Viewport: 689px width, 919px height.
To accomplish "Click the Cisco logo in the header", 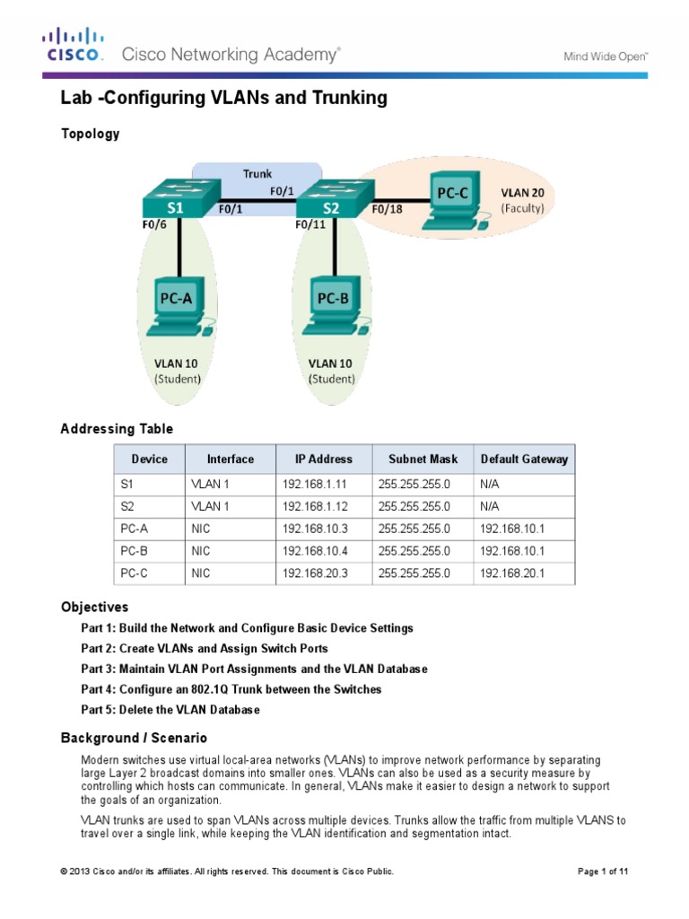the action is (x=73, y=45).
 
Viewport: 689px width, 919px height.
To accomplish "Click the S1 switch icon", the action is (x=181, y=198).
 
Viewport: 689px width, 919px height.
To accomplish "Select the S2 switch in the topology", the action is (x=336, y=198).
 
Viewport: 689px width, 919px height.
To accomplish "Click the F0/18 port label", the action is (x=388, y=208).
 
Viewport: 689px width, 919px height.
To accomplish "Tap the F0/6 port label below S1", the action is (x=154, y=224).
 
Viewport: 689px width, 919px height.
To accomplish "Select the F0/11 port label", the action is (x=310, y=224).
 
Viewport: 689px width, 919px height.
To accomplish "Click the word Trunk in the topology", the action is (x=257, y=173).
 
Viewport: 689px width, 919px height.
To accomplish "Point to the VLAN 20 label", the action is (x=523, y=193).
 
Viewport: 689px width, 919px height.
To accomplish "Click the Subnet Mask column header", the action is (x=423, y=459).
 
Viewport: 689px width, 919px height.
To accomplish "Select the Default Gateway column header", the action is (x=524, y=459).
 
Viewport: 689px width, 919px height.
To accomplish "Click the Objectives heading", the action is (x=94, y=608).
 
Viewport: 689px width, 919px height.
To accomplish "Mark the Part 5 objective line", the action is (x=170, y=710).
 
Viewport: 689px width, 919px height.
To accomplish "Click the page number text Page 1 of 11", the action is (x=603, y=871).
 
